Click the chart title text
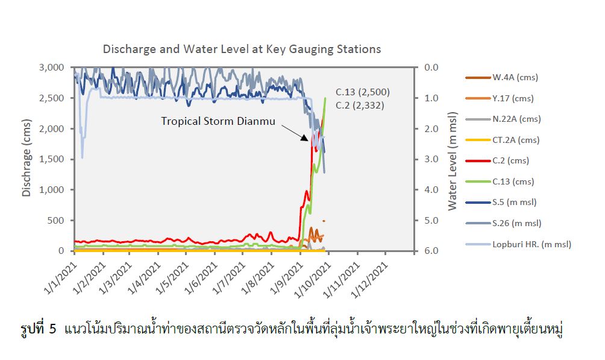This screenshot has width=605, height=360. (x=242, y=49)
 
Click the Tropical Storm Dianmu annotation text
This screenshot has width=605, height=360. (x=218, y=121)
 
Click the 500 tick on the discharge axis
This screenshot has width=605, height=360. (x=58, y=220)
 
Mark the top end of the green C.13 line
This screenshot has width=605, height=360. (x=325, y=98)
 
